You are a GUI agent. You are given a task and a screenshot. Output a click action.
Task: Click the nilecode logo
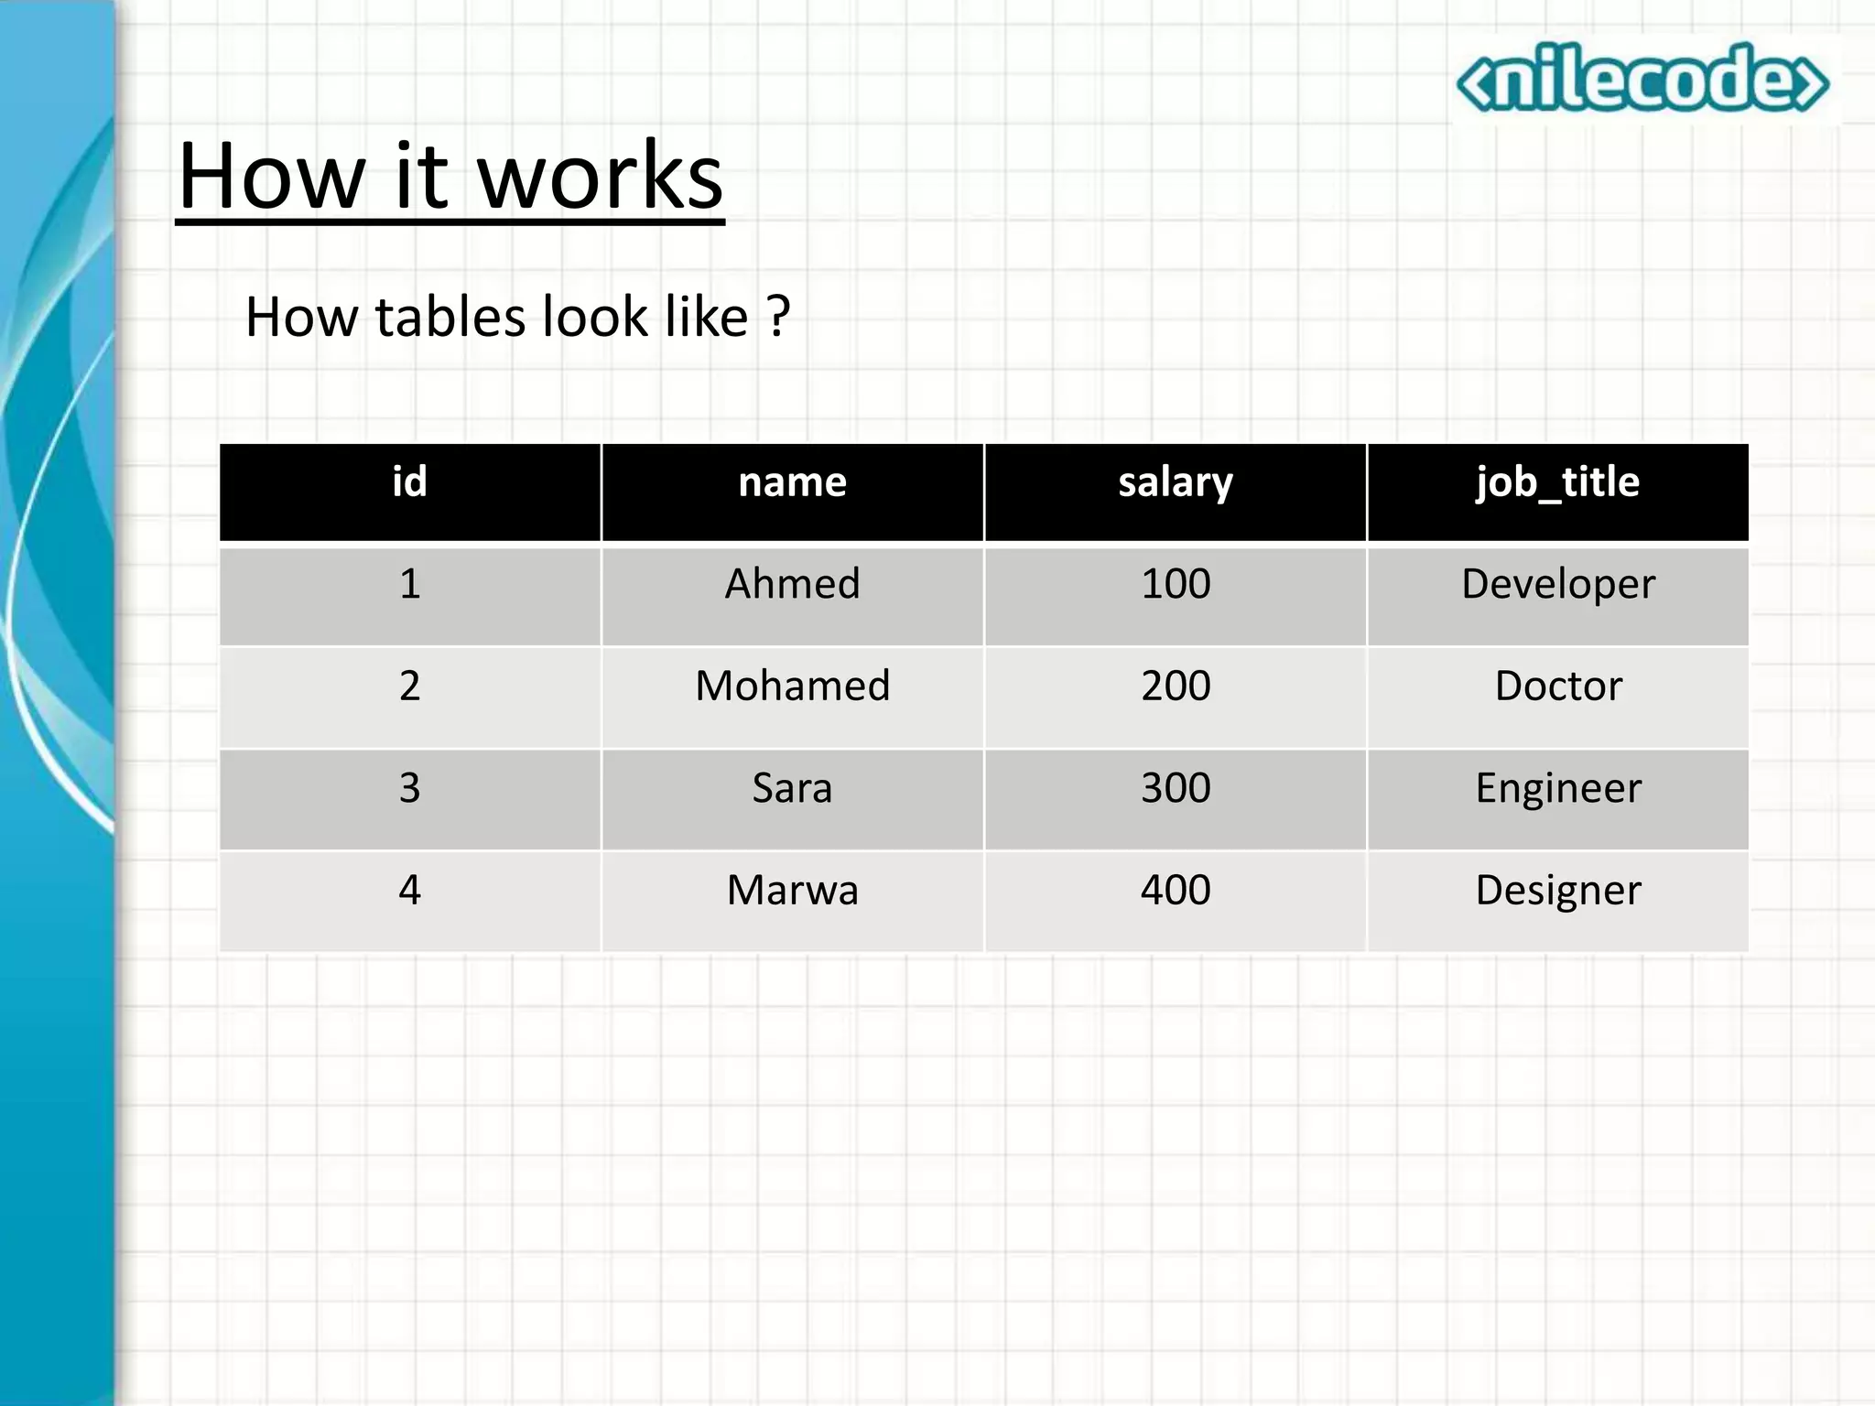tap(1642, 80)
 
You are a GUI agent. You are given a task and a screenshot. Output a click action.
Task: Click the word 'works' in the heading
tap(601, 176)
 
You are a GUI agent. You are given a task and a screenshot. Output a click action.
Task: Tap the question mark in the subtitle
tap(778, 317)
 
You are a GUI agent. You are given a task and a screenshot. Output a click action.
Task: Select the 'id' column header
tap(409, 482)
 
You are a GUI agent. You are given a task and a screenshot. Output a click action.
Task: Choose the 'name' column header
tap(792, 482)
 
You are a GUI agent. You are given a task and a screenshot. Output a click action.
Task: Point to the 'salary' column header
tap(1176, 482)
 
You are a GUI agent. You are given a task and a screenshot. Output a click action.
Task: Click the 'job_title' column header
tap(1557, 482)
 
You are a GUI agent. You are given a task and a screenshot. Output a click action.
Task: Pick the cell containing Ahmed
tap(792, 584)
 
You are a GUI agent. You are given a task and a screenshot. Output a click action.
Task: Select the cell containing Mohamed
tap(792, 686)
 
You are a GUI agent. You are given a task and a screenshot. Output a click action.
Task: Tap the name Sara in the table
tap(792, 788)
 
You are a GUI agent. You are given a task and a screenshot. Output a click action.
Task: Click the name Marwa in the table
tap(792, 890)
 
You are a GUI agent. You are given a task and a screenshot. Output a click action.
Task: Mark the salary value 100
tap(1176, 584)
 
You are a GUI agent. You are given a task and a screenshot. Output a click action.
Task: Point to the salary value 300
tap(1176, 788)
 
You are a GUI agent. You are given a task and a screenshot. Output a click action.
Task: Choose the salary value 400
tap(1176, 890)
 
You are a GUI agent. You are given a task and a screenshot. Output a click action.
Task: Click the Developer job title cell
tap(1558, 584)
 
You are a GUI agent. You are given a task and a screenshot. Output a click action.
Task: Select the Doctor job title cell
tap(1558, 686)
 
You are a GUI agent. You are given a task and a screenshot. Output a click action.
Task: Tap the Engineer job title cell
tap(1558, 788)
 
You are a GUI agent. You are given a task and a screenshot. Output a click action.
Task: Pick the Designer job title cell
tap(1558, 890)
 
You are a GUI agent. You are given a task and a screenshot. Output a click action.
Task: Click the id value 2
tap(409, 686)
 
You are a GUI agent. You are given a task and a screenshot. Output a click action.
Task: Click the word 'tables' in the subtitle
tap(451, 317)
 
